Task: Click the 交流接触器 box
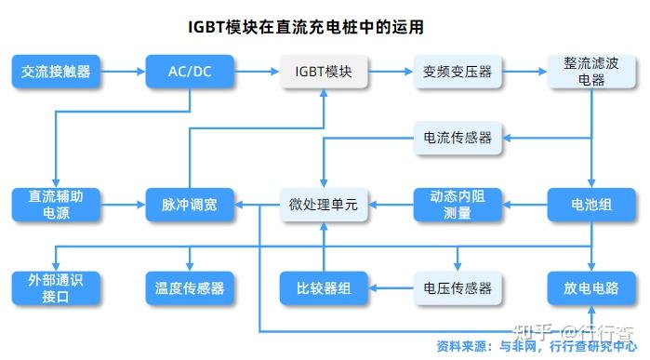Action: (56, 72)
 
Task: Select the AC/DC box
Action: (190, 72)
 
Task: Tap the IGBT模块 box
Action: (323, 72)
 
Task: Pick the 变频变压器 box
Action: (457, 72)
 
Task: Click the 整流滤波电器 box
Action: (591, 72)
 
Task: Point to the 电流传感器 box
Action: (457, 139)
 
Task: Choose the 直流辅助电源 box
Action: (56, 205)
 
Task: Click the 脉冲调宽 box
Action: (190, 205)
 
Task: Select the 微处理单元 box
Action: (323, 205)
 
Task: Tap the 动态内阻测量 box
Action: (457, 205)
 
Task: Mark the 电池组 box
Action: (591, 205)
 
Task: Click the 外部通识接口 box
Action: (56, 287)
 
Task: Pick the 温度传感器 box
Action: (190, 287)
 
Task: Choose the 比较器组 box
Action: (323, 287)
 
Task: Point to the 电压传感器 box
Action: (457, 287)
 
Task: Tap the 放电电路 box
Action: (591, 287)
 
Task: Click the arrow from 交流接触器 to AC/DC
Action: (123, 72)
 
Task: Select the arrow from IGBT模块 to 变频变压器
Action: (390, 72)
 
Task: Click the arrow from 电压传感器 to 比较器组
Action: (390, 287)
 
